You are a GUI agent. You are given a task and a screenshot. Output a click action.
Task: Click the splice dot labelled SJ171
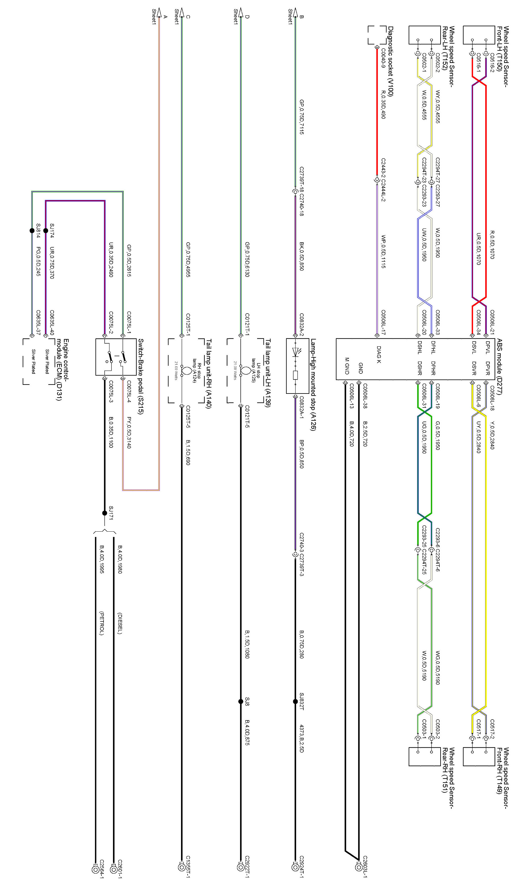point(104,513)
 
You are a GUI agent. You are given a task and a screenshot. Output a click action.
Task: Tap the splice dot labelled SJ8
point(240,701)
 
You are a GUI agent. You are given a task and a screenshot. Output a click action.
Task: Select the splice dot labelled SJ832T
point(295,701)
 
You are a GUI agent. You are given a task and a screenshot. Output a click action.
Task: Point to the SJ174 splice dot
point(45,231)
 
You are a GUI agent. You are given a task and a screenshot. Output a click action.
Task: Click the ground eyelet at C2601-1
point(114,869)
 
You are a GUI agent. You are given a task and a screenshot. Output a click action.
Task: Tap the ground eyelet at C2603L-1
point(358,867)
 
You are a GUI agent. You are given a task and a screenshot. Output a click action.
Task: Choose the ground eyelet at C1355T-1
point(181,867)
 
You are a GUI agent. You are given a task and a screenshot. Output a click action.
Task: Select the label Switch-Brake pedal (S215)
point(140,376)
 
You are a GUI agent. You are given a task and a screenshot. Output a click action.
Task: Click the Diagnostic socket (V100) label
point(390,61)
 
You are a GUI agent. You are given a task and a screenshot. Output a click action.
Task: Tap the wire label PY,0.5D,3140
point(129,432)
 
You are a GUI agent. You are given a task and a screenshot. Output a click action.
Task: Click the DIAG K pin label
point(379,354)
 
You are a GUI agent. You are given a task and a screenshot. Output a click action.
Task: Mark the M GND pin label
point(347,366)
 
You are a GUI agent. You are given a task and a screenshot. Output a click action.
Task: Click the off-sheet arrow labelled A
point(159,13)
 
